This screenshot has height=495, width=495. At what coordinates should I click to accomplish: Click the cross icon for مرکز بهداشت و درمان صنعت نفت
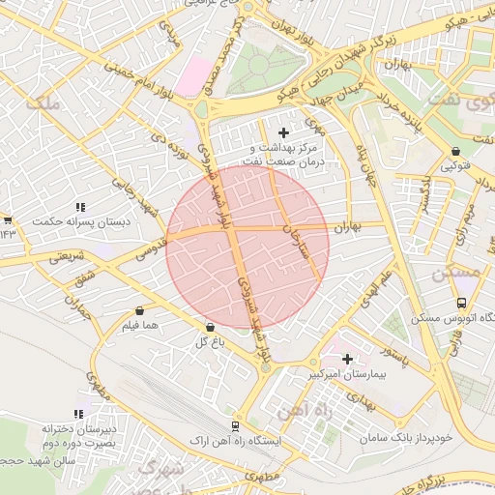point(283,131)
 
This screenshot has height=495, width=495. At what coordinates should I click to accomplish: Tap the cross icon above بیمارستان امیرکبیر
point(347,359)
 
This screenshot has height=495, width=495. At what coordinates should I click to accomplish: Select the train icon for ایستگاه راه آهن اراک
point(235,425)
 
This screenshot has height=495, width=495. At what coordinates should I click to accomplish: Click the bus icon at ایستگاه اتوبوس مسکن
point(460,303)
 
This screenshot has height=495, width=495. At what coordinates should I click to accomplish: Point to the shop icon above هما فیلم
point(142,311)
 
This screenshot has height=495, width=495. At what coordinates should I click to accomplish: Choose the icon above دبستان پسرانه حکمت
point(81,207)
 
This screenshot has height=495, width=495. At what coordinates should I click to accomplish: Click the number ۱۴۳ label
point(9,232)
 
